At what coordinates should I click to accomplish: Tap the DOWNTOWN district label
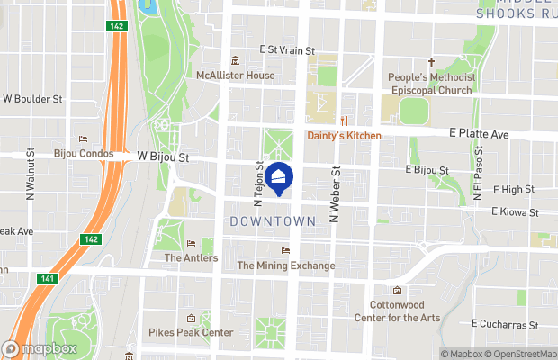[273, 220]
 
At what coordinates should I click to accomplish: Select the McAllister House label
[236, 76]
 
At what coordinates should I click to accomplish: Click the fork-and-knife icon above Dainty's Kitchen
[343, 121]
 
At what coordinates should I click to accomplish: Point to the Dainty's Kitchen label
[344, 136]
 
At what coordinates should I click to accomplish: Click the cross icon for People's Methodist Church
[430, 63]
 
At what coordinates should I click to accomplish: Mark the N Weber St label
[334, 193]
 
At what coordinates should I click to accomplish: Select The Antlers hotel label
[191, 258]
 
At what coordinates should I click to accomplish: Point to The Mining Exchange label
[285, 265]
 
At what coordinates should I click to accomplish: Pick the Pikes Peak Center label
[191, 333]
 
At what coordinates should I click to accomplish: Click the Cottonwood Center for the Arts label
[396, 310]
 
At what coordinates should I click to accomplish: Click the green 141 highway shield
[46, 279]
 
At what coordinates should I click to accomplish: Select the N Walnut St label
[31, 174]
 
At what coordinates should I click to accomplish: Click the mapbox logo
[40, 348]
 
